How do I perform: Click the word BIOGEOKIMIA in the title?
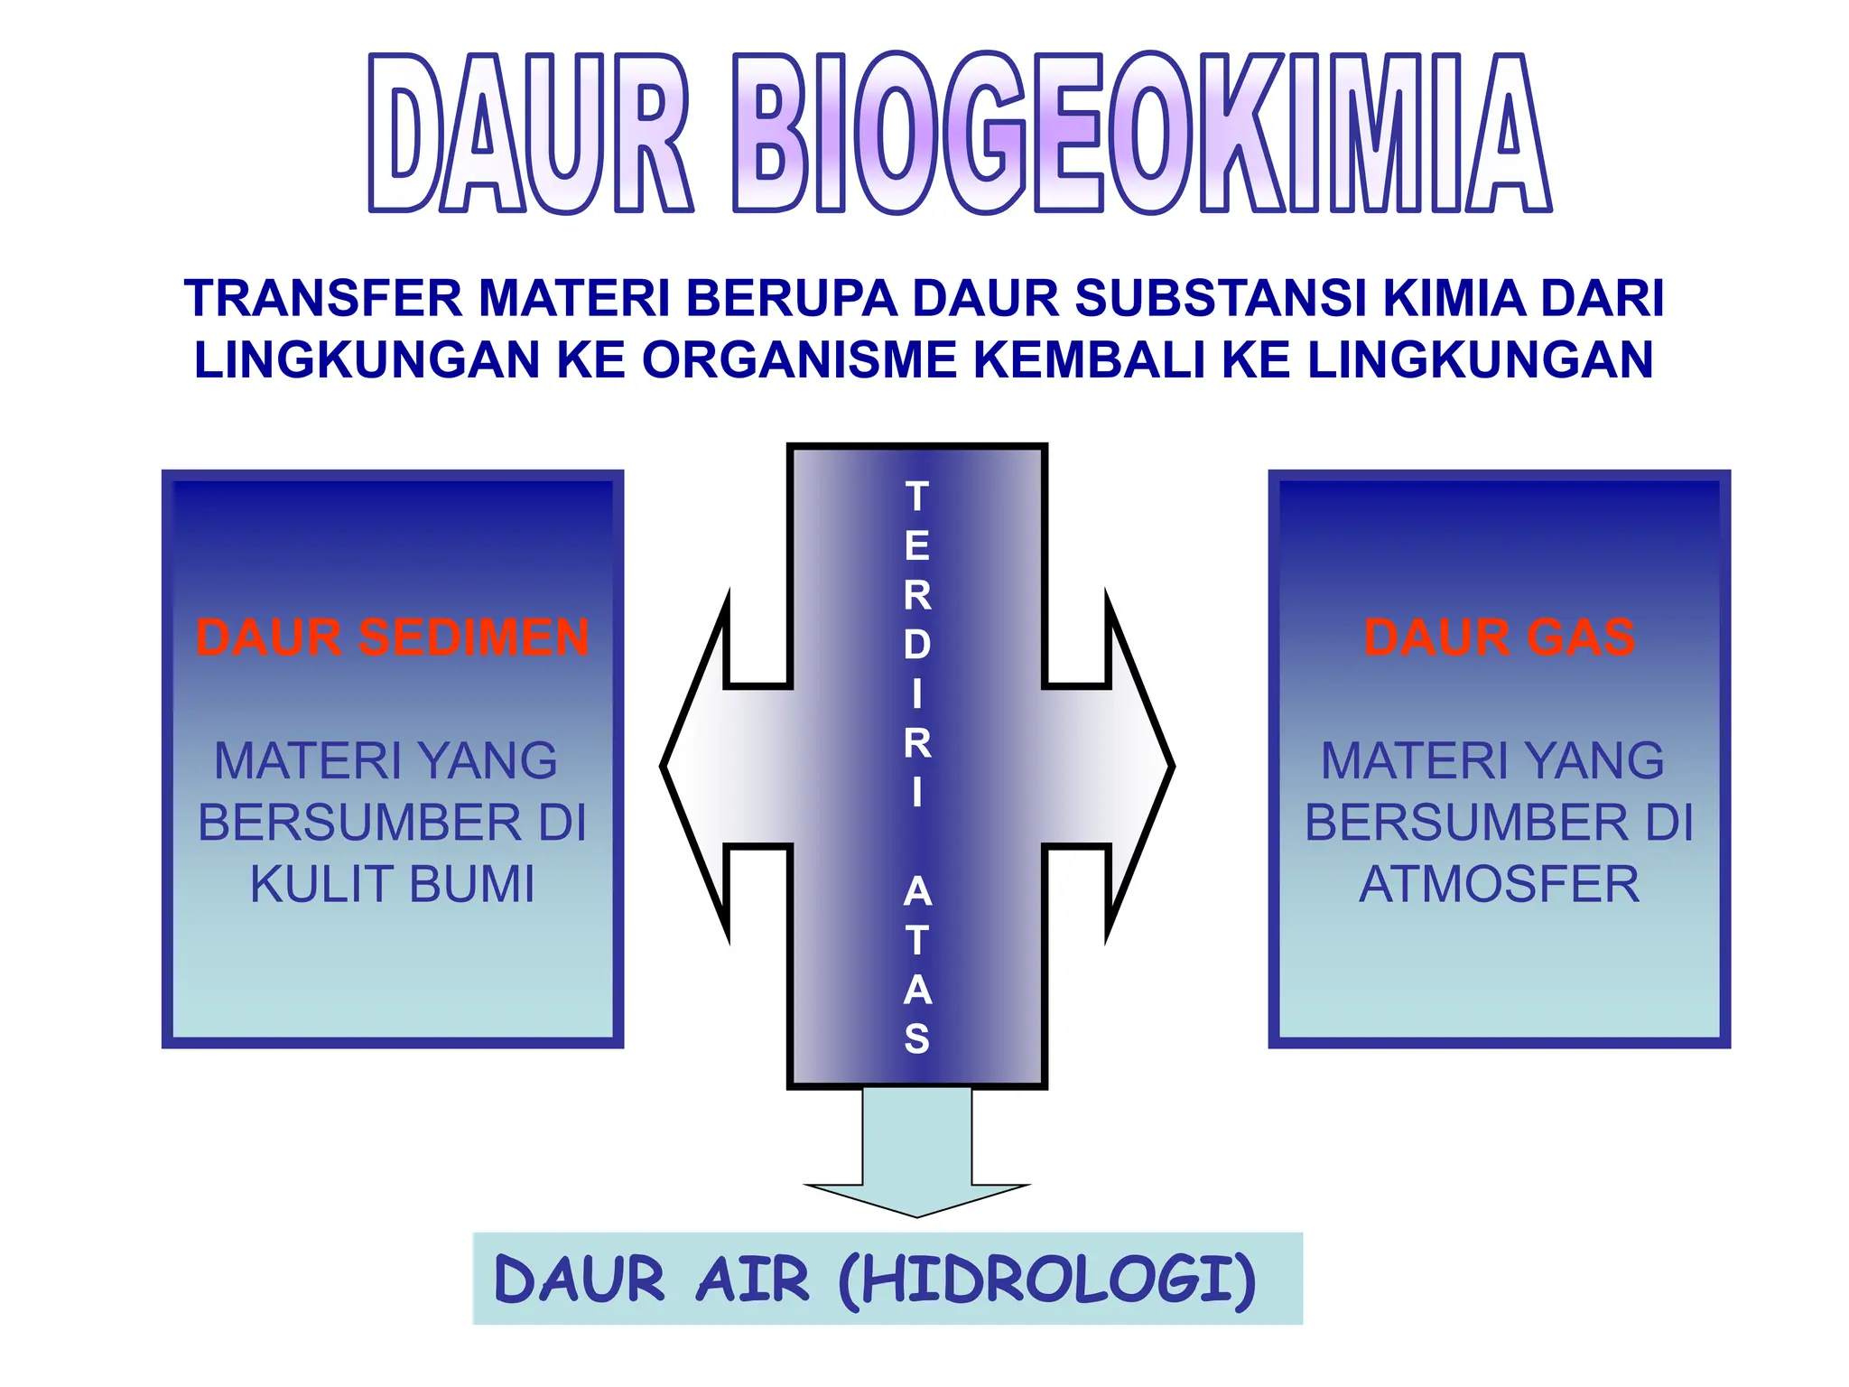1141,134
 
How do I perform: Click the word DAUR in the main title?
530,134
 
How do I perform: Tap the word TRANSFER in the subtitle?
323,299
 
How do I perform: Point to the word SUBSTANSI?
1222,299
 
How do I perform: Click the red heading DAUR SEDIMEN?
393,638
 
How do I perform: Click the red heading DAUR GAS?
1499,638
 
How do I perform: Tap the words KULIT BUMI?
393,884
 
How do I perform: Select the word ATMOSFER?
1499,884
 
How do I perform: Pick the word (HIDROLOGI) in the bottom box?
1047,1280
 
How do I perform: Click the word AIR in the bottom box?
752,1280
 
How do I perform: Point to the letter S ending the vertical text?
917,1039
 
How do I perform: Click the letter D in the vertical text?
917,645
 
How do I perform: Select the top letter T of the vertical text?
917,497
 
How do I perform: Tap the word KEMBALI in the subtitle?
1090,359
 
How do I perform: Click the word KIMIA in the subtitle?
1454,299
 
